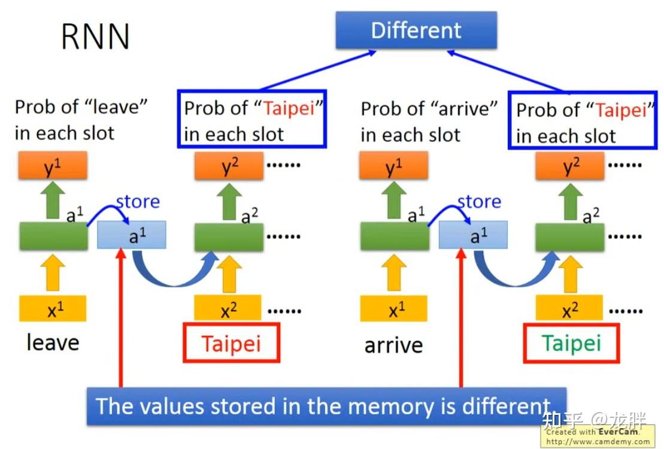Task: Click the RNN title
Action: point(95,37)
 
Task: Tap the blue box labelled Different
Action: point(416,30)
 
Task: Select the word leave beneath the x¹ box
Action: point(53,342)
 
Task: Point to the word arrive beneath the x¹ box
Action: point(393,345)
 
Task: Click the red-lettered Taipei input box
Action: point(231,343)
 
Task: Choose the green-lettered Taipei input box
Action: point(571,343)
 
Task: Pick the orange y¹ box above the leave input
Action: point(53,165)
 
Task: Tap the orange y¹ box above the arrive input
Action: point(393,166)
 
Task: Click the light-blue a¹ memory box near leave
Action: point(131,235)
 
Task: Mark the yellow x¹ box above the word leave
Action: point(53,308)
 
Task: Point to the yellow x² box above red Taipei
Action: point(228,309)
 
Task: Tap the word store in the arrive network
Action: point(479,202)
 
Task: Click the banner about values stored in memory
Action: point(326,406)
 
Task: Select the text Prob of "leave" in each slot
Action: point(81,120)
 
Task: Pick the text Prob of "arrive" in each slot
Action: point(429,122)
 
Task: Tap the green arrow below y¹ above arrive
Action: point(393,201)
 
